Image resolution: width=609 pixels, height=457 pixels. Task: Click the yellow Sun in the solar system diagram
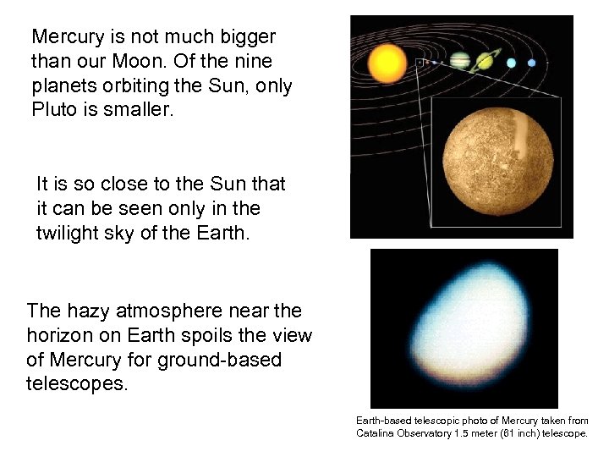[x=388, y=61]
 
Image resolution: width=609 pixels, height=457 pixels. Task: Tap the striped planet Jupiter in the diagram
[x=461, y=61]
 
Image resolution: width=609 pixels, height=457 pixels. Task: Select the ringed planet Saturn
[x=487, y=61]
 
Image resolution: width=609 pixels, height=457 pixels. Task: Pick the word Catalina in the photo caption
[x=376, y=433]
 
